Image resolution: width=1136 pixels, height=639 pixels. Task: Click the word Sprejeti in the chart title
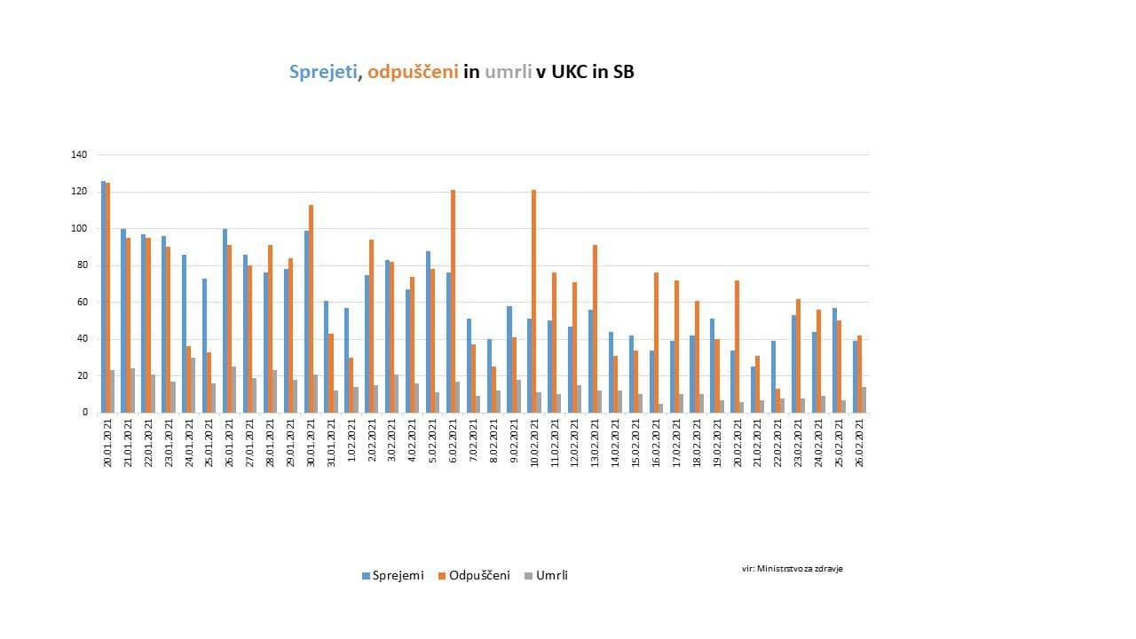(324, 73)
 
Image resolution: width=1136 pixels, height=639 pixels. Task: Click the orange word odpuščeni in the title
(413, 73)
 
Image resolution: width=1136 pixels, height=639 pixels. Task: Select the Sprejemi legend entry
(393, 575)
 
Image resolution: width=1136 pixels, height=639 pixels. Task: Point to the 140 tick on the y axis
(79, 154)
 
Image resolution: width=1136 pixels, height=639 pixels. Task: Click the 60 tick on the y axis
(82, 302)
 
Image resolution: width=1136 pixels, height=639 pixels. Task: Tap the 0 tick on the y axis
(84, 413)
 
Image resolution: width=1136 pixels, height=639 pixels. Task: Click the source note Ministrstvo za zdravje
(793, 568)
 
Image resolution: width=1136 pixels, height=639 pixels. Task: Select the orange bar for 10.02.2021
(534, 302)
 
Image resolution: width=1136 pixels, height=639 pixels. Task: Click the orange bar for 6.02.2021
(453, 302)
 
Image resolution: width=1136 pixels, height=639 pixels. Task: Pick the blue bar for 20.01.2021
(103, 297)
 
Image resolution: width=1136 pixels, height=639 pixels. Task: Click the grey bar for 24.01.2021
(193, 385)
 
